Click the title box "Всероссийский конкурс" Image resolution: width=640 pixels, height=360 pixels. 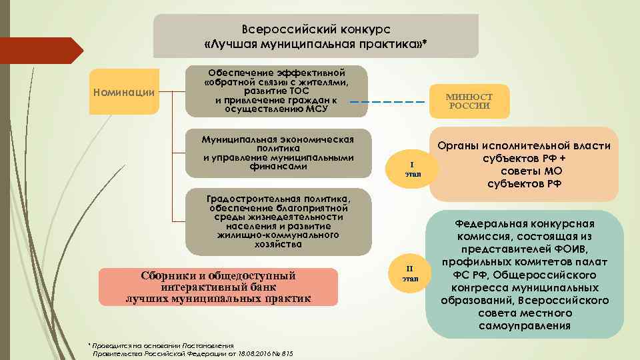pyautogui.click(x=315, y=36)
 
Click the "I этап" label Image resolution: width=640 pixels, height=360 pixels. pyautogui.click(x=412, y=169)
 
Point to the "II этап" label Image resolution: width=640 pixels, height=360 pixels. pyautogui.click(x=411, y=273)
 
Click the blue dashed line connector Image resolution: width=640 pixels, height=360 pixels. pyautogui.click(x=387, y=102)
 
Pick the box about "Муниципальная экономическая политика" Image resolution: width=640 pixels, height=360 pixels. pyautogui.click(x=277, y=153)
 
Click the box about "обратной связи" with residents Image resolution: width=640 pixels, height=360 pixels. pyautogui.click(x=276, y=91)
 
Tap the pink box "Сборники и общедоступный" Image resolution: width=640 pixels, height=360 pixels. pyautogui.click(x=218, y=287)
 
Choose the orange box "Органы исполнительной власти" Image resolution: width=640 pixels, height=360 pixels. pyautogui.click(x=524, y=164)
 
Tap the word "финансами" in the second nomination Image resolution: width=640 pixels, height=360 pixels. pyautogui.click(x=277, y=167)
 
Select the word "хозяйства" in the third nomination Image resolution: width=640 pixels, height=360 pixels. pyautogui.click(x=277, y=245)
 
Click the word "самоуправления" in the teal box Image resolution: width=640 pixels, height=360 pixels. pyautogui.click(x=524, y=326)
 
